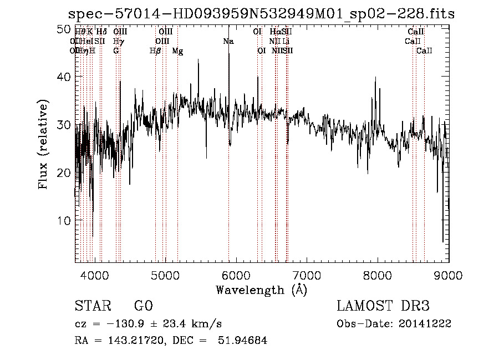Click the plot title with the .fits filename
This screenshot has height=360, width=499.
click(261, 14)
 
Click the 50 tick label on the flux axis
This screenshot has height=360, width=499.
click(64, 29)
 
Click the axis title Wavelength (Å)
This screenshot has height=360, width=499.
click(261, 290)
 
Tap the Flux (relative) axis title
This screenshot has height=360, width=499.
click(44, 144)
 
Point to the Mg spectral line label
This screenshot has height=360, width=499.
click(177, 50)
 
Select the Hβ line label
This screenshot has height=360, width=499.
click(155, 50)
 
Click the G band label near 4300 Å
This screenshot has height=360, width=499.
click(116, 50)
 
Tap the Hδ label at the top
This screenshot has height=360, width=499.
click(101, 32)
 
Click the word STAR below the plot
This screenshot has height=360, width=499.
click(92, 306)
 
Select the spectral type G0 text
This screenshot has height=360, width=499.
click(143, 306)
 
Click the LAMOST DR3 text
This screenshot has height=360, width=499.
click(383, 306)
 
